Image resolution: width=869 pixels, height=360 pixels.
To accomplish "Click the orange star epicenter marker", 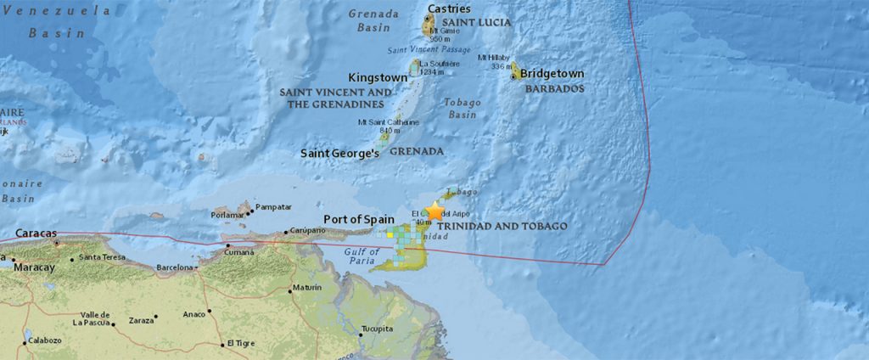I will tap(434, 211).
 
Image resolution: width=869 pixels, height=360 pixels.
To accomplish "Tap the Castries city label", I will tap(449, 8).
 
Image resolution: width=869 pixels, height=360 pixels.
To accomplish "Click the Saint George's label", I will tap(337, 153).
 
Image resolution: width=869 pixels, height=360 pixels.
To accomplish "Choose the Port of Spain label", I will tap(359, 220).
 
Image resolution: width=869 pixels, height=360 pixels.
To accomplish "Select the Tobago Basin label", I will tap(463, 108).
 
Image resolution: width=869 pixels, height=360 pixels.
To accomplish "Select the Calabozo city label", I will tap(45, 340).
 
